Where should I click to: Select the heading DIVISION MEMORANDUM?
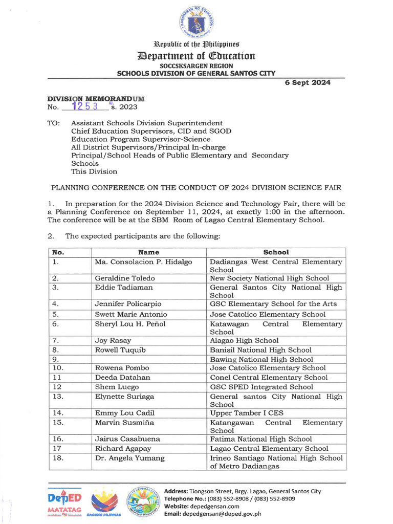(x=96, y=98)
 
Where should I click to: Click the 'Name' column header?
(x=148, y=252)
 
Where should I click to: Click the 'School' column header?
(x=276, y=252)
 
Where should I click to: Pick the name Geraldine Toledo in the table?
(x=125, y=278)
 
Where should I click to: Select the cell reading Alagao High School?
(x=244, y=340)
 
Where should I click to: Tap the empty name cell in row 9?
(x=148, y=359)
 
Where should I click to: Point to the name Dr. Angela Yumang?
(x=129, y=458)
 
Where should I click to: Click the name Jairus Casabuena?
(x=127, y=439)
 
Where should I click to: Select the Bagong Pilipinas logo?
(x=106, y=503)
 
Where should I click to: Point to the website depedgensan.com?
(x=210, y=506)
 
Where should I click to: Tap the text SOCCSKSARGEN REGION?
(x=196, y=66)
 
